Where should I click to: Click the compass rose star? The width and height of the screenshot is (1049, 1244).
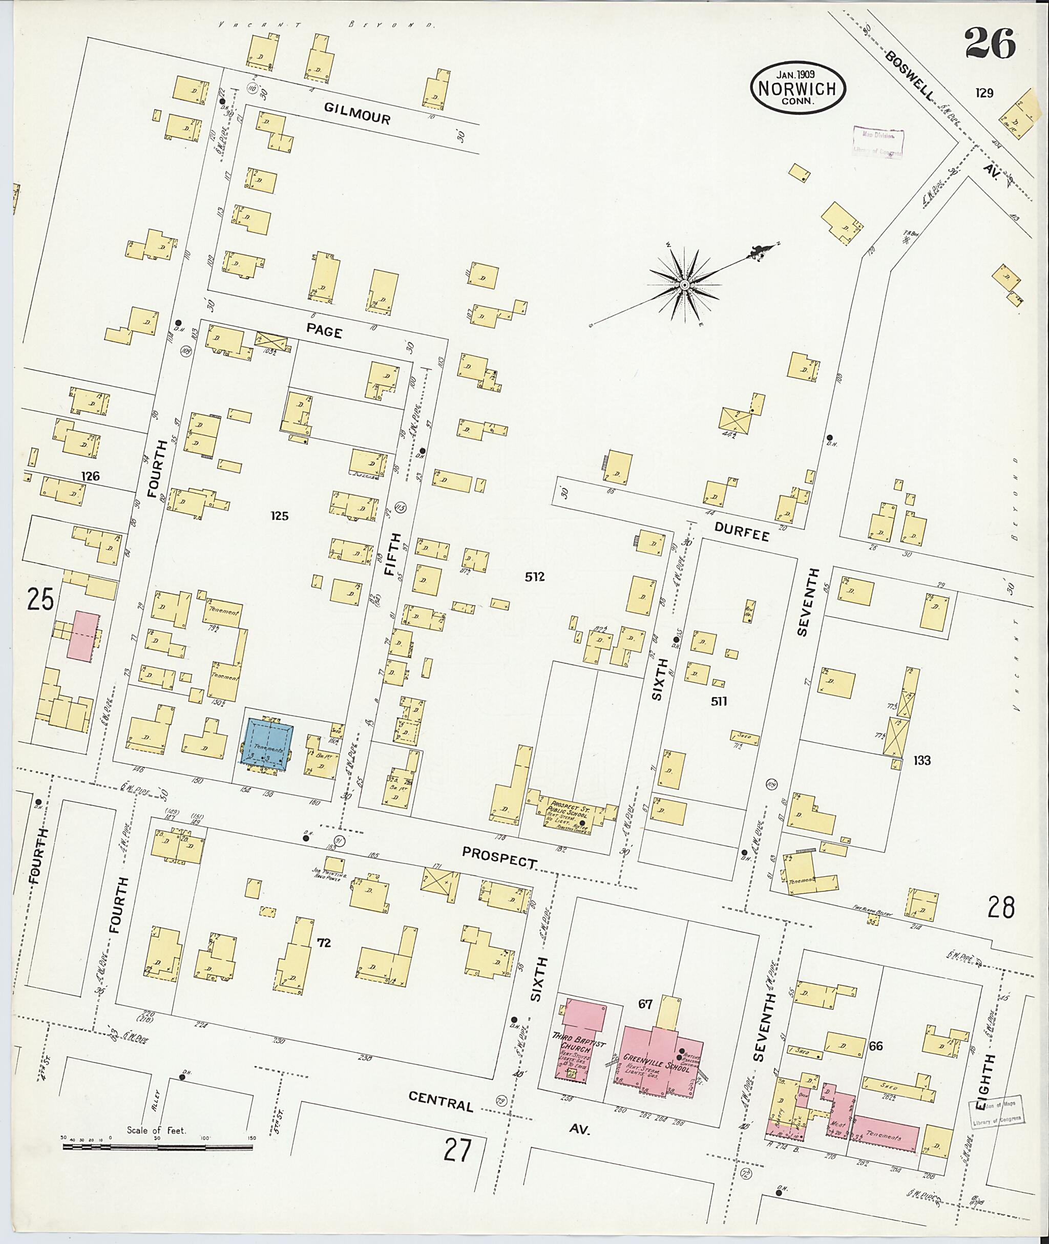[x=684, y=286]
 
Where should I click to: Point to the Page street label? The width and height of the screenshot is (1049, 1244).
[x=324, y=332]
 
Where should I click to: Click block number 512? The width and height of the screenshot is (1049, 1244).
[x=534, y=577]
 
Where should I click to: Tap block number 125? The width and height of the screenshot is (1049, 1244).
[x=279, y=516]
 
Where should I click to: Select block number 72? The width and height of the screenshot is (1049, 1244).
[x=324, y=942]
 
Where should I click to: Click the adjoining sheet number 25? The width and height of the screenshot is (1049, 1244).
[x=40, y=599]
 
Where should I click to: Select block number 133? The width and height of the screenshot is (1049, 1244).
[x=922, y=761]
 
